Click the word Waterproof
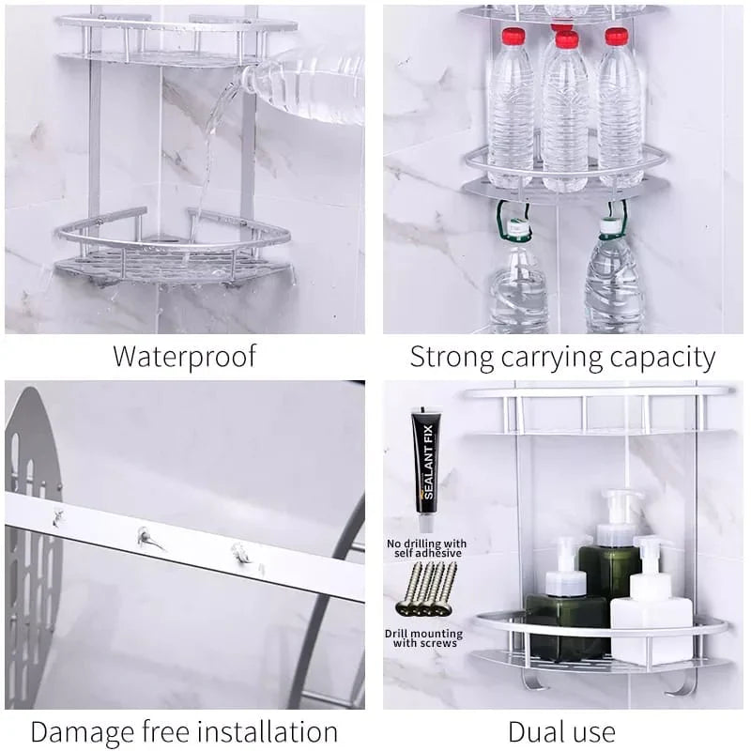tap(184, 357)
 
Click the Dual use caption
tap(561, 731)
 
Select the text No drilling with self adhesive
tap(426, 548)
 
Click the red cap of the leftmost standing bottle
tap(512, 37)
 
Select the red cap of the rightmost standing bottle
tap(617, 37)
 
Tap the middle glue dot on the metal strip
tap(146, 537)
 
